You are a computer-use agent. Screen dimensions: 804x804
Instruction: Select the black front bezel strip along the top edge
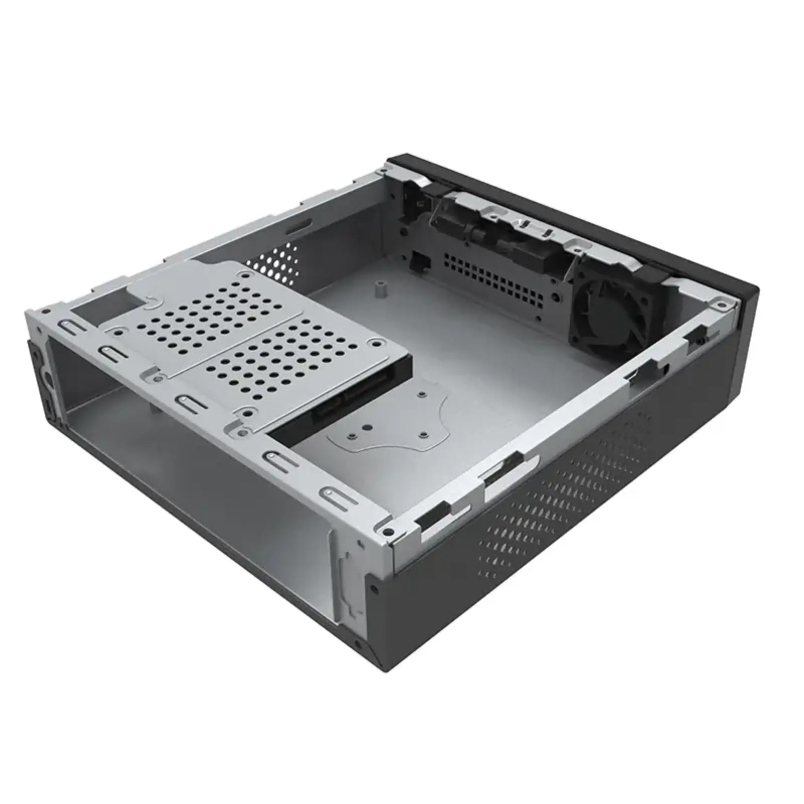click(x=578, y=216)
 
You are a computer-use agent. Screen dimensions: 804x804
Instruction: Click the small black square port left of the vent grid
click(x=418, y=260)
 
